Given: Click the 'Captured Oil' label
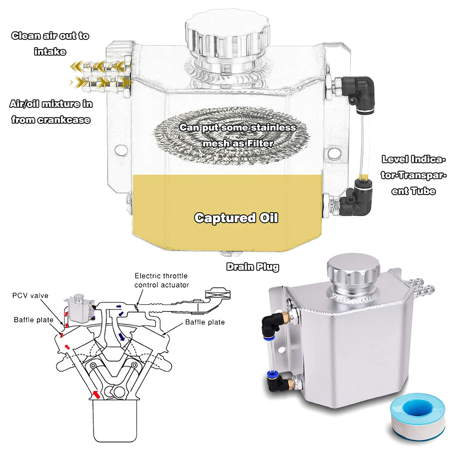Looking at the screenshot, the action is point(236,218).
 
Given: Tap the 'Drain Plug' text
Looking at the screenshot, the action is point(253,267).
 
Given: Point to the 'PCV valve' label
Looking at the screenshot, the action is point(30,295).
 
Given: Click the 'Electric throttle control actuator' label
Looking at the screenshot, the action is point(162,280).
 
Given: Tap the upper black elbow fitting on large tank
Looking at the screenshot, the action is point(359,91).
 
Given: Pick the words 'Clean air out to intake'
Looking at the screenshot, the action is point(50,44).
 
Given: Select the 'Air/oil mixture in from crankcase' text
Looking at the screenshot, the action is point(51,112).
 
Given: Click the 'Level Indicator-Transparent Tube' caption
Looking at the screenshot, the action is point(413,175).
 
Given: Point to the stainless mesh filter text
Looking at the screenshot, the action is point(238,135).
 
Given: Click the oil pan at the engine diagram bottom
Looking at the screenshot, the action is point(115,421).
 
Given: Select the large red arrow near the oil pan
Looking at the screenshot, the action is point(96,394).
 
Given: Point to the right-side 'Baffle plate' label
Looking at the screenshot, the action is point(205,322).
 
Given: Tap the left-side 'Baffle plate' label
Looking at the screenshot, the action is point(34,320).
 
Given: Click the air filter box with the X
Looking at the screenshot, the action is point(218,294).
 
